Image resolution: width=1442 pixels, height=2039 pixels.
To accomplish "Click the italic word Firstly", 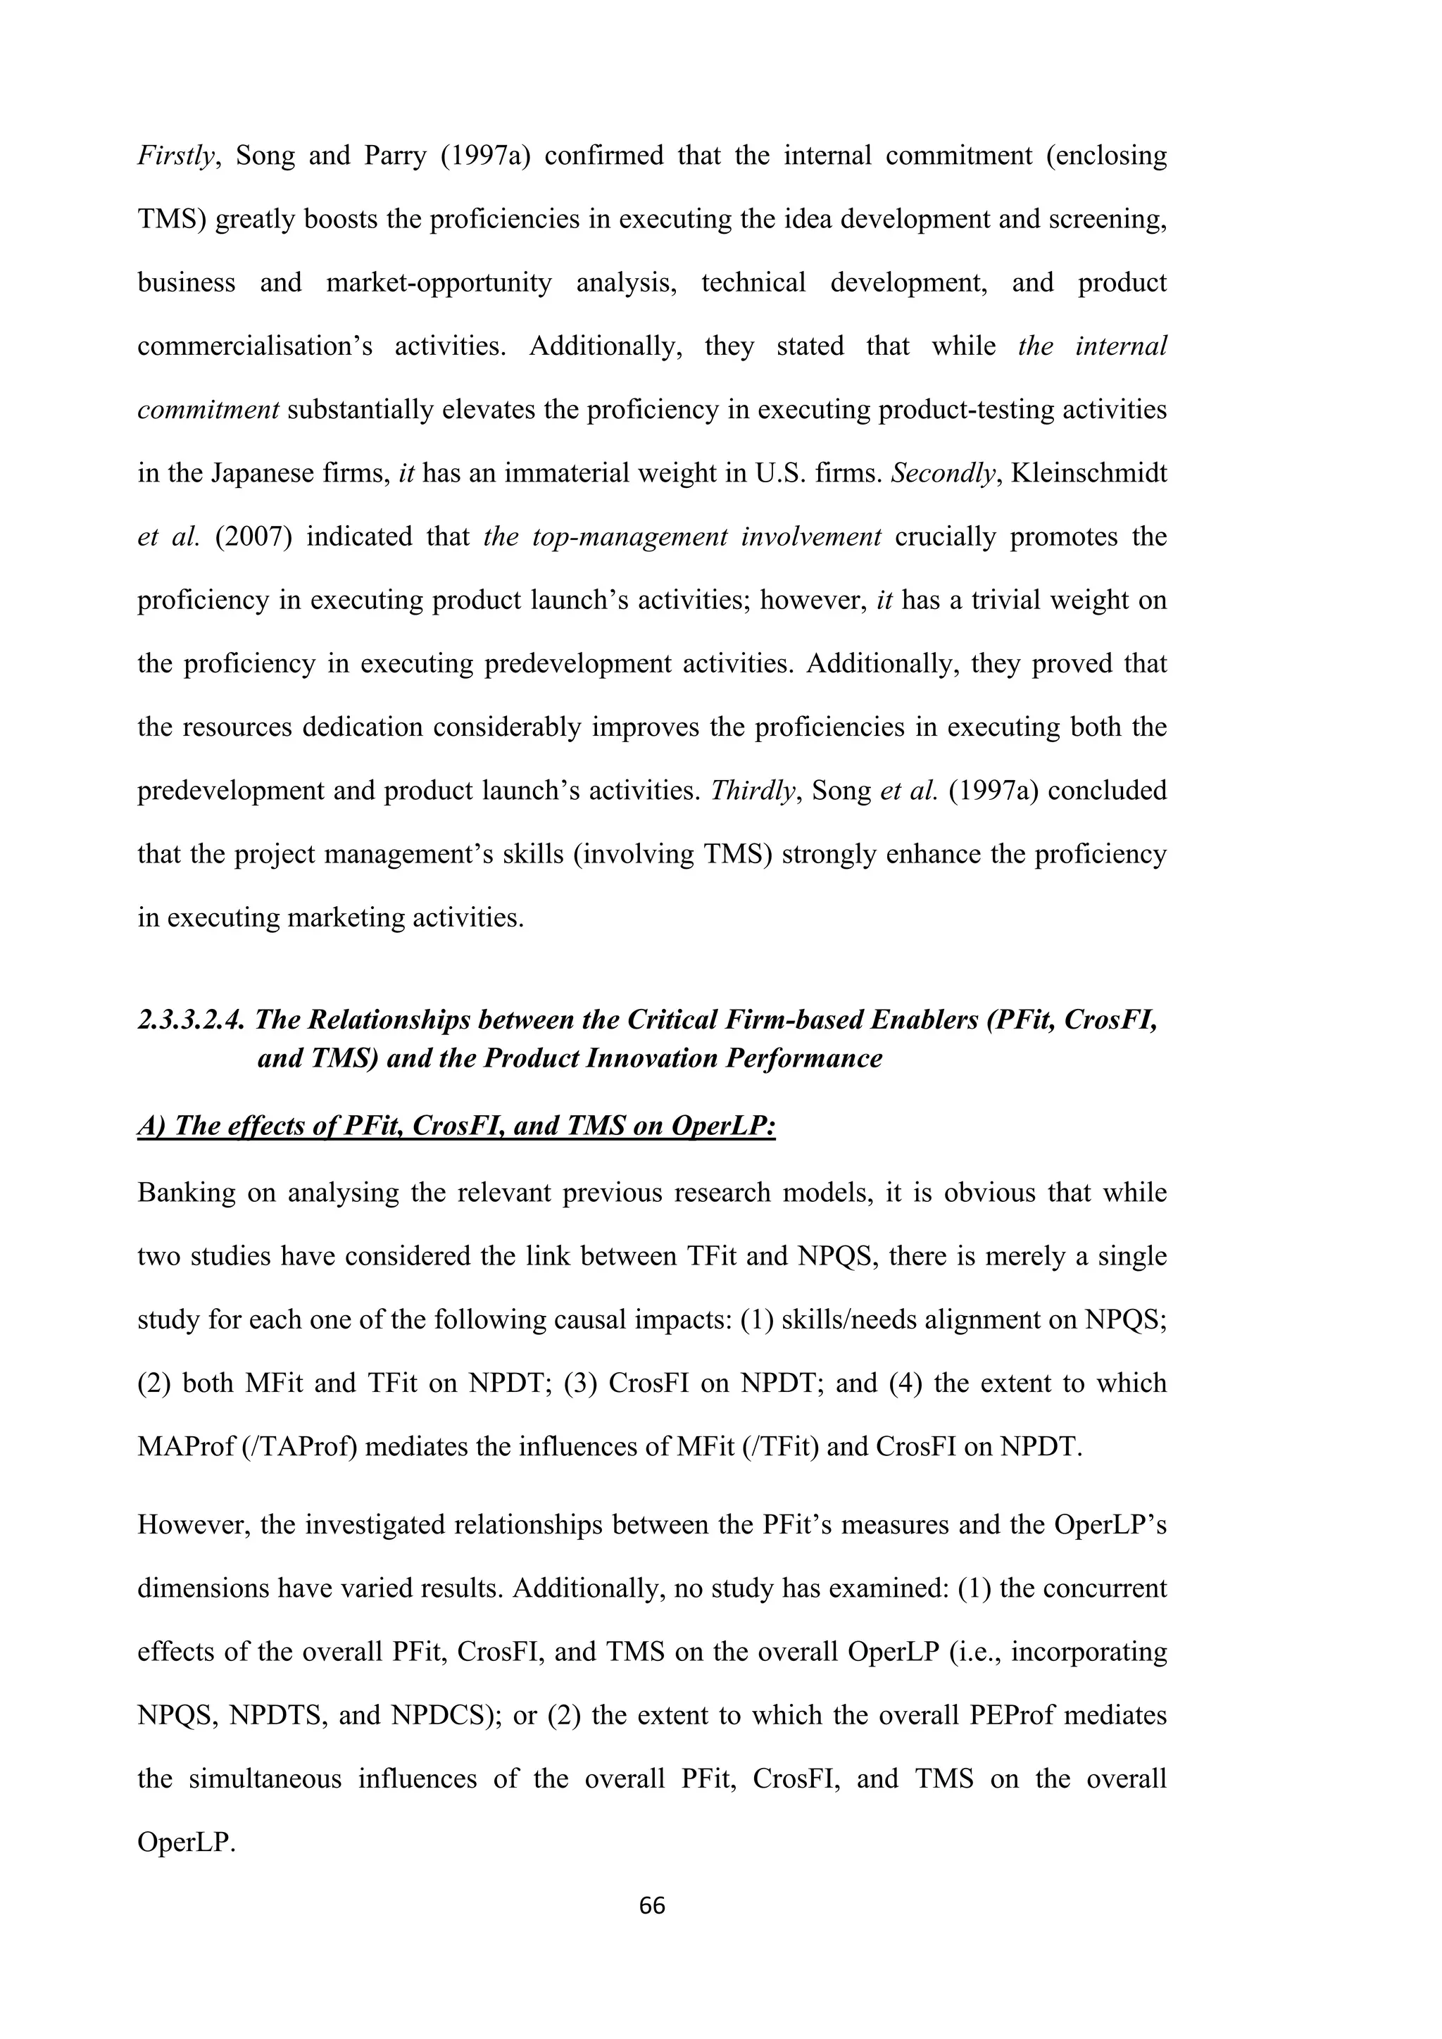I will click(x=176, y=156).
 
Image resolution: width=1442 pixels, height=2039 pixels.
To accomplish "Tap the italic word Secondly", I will click(x=942, y=473).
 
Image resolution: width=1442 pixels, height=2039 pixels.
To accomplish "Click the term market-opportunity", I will click(x=439, y=283).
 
